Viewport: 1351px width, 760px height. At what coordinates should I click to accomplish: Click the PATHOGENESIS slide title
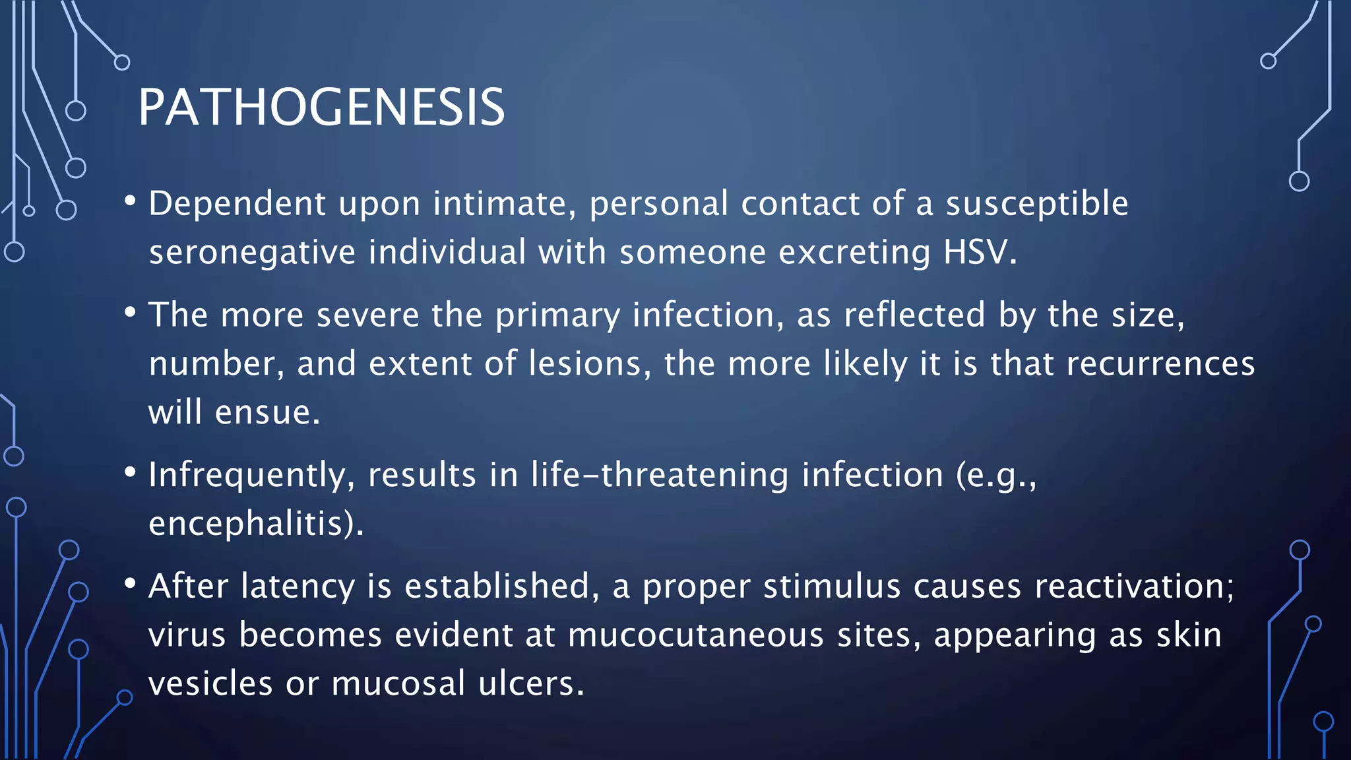tap(321, 107)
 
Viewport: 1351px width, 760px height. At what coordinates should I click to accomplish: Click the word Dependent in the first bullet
tap(237, 203)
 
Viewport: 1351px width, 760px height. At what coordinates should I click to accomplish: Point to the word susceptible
tap(1036, 203)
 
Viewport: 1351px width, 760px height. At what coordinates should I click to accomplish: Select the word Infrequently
tap(247, 475)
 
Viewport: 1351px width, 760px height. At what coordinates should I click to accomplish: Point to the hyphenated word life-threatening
tap(659, 475)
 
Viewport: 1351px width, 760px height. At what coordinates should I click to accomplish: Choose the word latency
tap(298, 586)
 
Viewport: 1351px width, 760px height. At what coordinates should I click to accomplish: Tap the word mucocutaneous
tap(695, 635)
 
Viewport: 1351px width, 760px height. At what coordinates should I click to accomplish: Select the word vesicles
tap(210, 683)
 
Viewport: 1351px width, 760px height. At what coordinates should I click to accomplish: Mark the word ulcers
tap(526, 683)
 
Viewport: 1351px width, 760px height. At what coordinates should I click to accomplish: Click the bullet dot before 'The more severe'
tap(130, 311)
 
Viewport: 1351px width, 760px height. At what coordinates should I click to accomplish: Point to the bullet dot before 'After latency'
tap(130, 583)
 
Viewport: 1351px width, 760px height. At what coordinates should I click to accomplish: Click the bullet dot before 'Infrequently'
tap(130, 472)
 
